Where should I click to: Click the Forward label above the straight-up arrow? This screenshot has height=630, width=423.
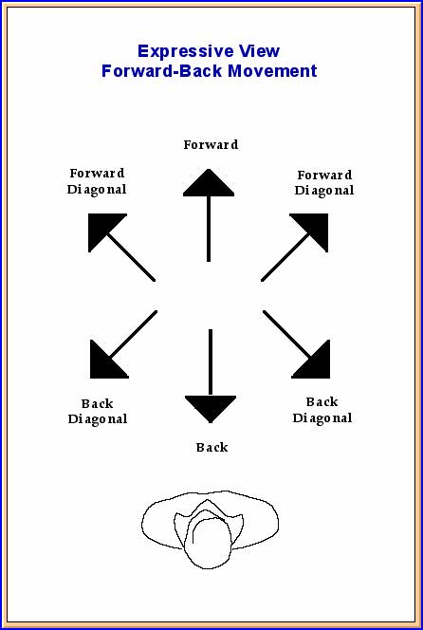click(211, 144)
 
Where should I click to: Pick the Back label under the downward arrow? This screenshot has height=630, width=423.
click(211, 447)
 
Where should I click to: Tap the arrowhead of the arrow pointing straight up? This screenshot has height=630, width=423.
click(209, 183)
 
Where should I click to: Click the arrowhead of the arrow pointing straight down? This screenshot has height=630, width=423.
click(211, 409)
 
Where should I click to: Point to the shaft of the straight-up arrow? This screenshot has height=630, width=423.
click(209, 229)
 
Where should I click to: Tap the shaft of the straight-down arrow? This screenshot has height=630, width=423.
click(211, 362)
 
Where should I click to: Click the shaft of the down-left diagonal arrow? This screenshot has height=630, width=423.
click(134, 334)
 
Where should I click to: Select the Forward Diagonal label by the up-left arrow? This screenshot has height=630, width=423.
click(97, 181)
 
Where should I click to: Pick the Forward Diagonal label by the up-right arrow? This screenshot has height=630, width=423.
click(324, 183)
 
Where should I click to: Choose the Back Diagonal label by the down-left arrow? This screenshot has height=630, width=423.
click(97, 412)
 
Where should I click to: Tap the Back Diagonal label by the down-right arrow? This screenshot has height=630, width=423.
click(322, 410)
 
